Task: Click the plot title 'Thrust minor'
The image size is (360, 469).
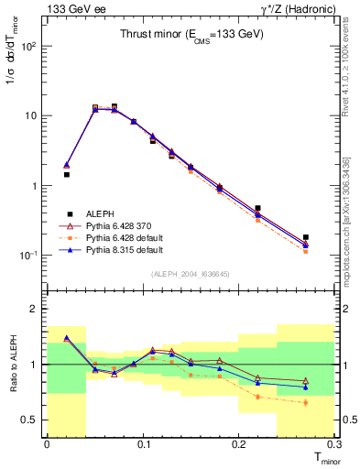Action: tap(192, 35)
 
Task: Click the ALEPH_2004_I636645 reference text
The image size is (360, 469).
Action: tap(188, 275)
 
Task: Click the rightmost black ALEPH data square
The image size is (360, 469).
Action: tap(306, 237)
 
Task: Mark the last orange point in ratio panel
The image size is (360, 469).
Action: tap(306, 402)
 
